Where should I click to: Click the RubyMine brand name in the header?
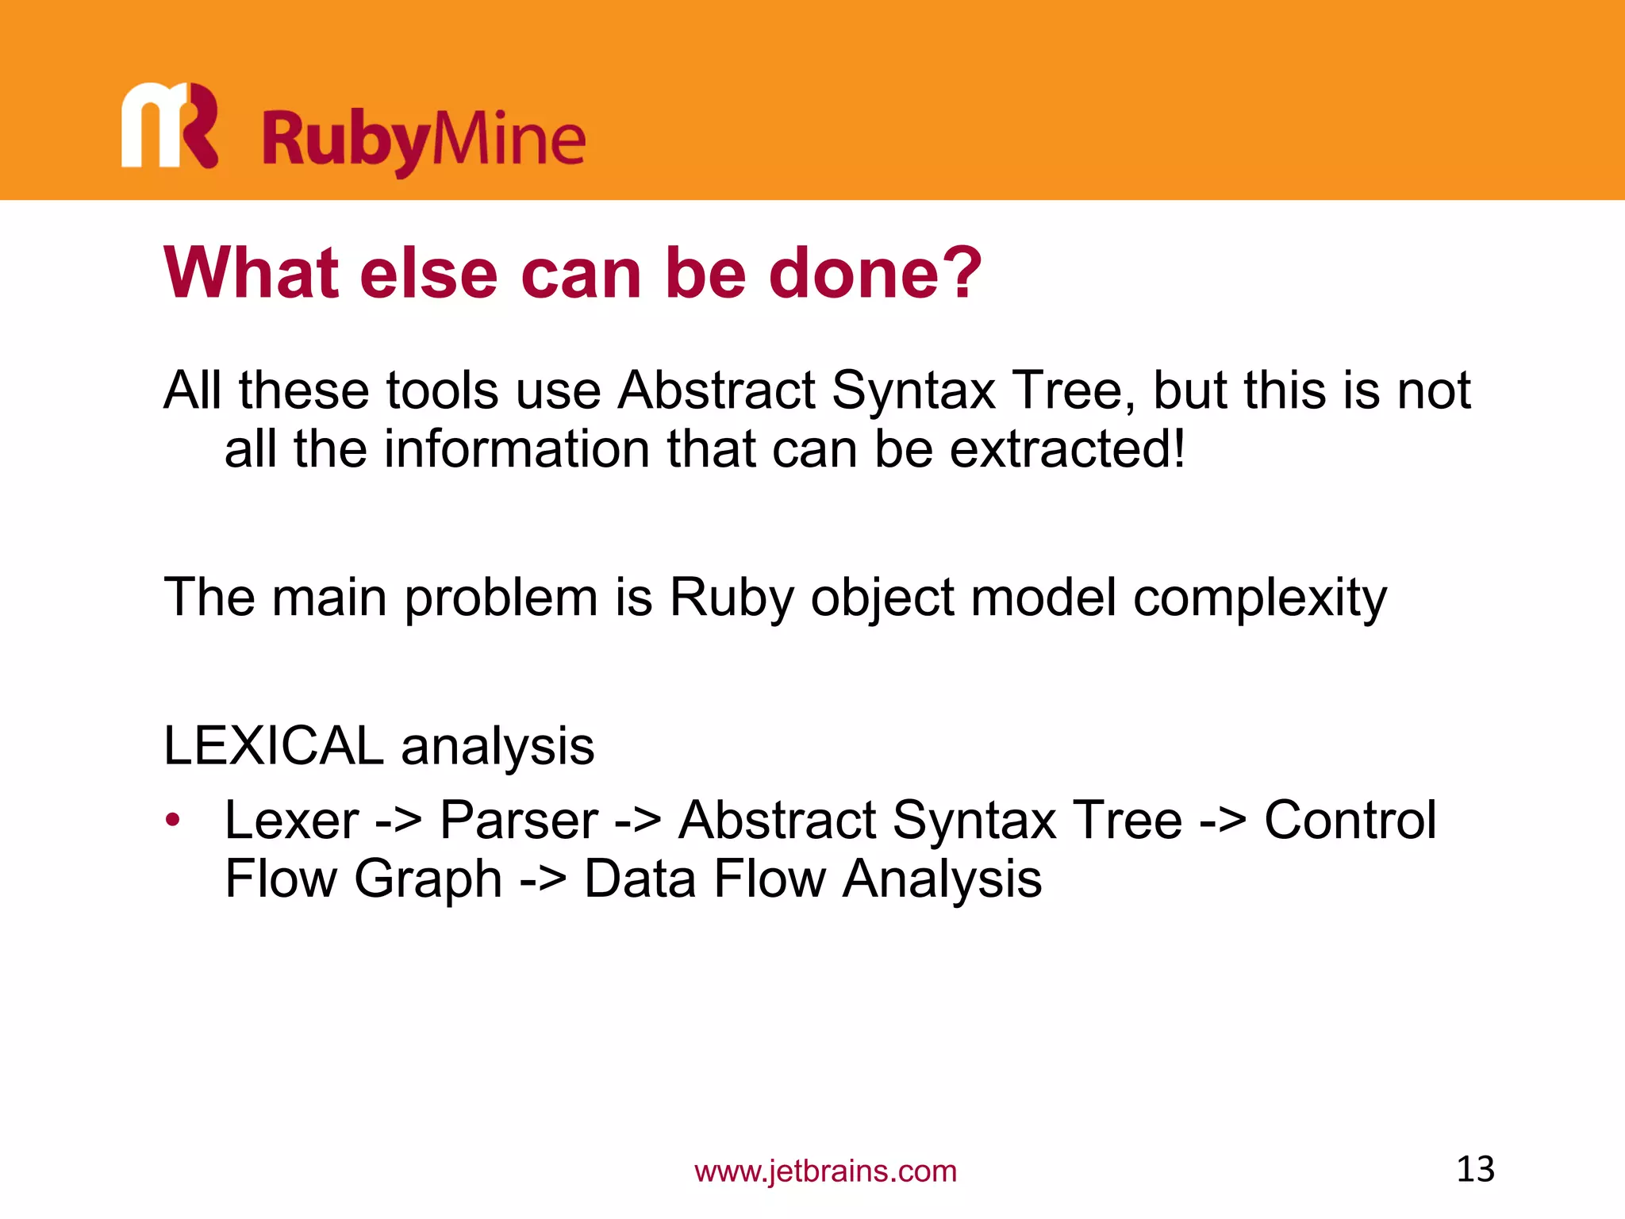pyautogui.click(x=424, y=140)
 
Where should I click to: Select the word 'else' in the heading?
pyautogui.click(x=428, y=272)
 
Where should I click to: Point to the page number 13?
pyautogui.click(x=1475, y=1169)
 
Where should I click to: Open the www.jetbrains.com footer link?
pyautogui.click(x=825, y=1171)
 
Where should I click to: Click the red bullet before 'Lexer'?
pyautogui.click(x=173, y=820)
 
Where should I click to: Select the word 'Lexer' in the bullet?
pyautogui.click(x=291, y=820)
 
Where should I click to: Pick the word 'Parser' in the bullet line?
pyautogui.click(x=519, y=820)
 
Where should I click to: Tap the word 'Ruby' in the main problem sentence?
pyautogui.click(x=731, y=597)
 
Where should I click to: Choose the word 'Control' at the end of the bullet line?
pyautogui.click(x=1350, y=820)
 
